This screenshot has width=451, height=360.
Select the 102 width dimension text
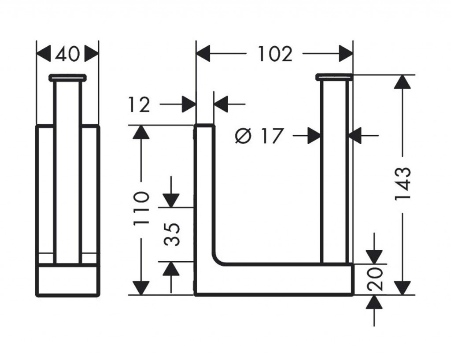tap(274, 54)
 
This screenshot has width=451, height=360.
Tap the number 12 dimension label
tap(140, 105)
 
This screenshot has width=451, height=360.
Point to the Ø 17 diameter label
tap(258, 136)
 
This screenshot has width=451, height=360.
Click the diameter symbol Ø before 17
tap(243, 136)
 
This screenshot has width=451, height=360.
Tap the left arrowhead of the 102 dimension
tap(203, 54)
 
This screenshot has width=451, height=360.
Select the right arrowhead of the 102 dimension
tap(346, 54)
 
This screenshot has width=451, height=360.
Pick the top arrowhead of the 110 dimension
tap(141, 132)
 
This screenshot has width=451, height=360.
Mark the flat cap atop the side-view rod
tap(334, 78)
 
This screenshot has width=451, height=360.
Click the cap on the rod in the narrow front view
tap(67, 78)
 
